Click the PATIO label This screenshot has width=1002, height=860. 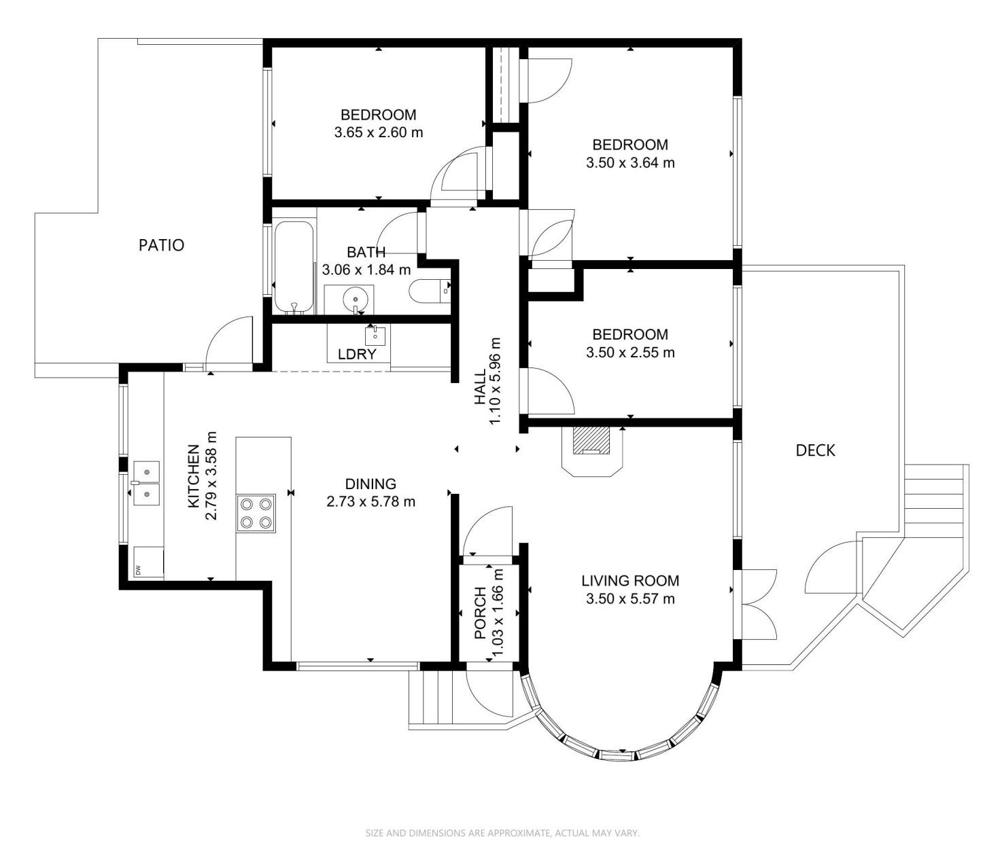(x=161, y=245)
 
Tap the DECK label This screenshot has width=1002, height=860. (x=815, y=450)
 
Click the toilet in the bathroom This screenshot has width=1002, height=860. (x=430, y=291)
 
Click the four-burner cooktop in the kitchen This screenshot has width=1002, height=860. (x=256, y=513)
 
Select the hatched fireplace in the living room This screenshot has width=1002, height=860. (x=591, y=441)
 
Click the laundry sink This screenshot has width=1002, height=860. (x=375, y=336)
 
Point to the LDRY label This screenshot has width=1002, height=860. (x=358, y=354)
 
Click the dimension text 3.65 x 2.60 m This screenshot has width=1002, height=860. (x=379, y=132)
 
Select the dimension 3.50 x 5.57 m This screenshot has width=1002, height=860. (x=630, y=599)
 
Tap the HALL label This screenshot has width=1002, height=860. (x=479, y=387)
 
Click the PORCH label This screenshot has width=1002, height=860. (x=480, y=613)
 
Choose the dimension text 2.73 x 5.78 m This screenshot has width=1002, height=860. (x=371, y=501)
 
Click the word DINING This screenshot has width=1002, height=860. (x=371, y=484)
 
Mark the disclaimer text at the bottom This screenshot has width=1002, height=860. (x=502, y=834)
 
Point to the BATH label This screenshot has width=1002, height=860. (x=366, y=252)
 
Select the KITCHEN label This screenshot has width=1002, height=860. (x=194, y=476)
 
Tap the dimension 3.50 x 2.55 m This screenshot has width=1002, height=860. (x=630, y=353)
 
